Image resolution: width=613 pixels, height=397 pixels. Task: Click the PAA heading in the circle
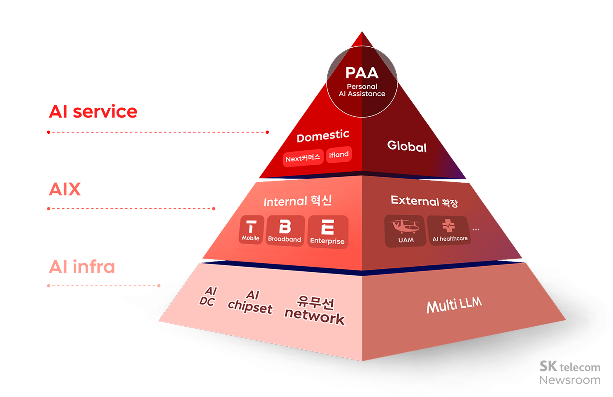[362, 73]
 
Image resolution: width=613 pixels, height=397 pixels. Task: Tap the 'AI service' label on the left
[93, 112]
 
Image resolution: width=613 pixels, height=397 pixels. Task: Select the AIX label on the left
[65, 189]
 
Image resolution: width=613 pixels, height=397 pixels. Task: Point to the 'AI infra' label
[82, 267]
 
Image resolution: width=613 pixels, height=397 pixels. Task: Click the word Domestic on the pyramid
[323, 136]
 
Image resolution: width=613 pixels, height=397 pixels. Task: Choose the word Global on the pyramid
[407, 147]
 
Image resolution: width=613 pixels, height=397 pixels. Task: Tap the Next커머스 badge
[303, 158]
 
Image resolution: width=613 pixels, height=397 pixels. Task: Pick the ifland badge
[339, 155]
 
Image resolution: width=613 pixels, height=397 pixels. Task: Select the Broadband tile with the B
[285, 231]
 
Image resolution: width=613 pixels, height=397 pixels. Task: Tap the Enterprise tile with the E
[327, 232]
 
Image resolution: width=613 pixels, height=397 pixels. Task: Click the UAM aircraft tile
[405, 231]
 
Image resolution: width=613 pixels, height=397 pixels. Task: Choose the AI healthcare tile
[450, 230]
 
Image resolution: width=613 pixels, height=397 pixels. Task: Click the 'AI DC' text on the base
[208, 296]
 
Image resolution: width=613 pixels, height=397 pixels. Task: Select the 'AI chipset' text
[250, 302]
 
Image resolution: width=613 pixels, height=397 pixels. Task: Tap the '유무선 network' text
[315, 310]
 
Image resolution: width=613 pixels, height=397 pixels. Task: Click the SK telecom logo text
[570, 366]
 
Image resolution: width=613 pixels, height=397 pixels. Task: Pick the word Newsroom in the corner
[570, 380]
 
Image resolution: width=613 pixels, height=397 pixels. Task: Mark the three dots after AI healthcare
[476, 230]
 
